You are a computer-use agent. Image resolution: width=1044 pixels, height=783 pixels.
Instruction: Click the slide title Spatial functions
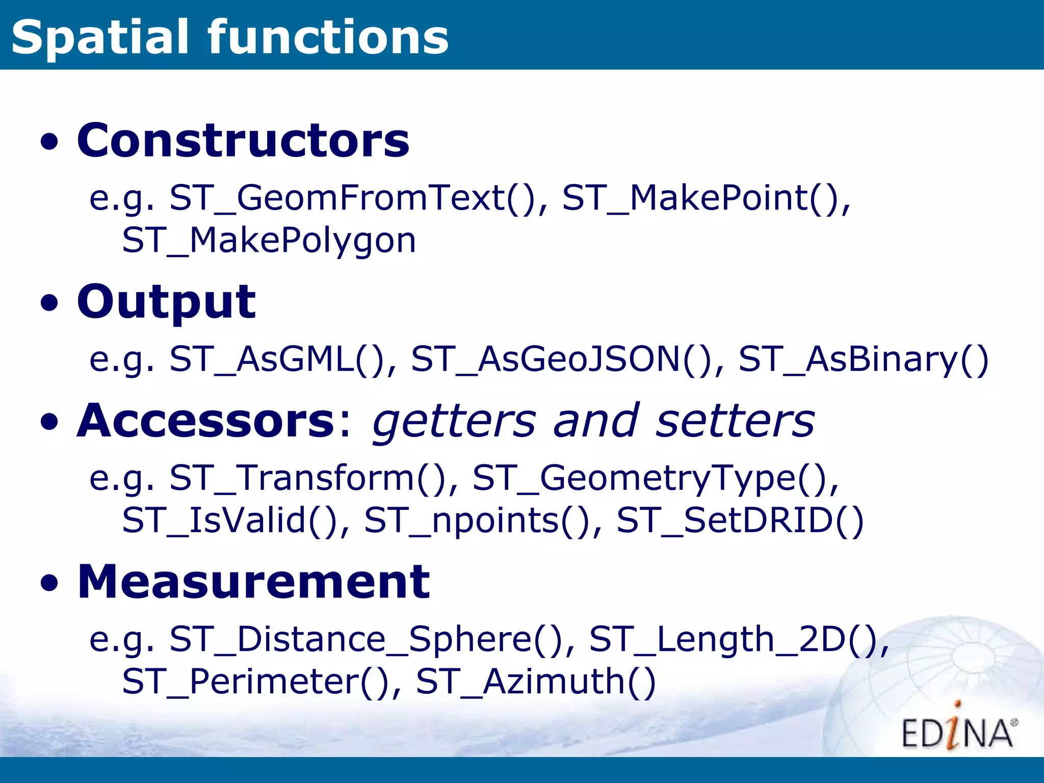tap(229, 37)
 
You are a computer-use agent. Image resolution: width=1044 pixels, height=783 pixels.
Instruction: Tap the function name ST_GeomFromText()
tap(352, 198)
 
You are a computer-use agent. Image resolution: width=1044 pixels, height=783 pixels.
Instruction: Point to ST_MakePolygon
tap(269, 241)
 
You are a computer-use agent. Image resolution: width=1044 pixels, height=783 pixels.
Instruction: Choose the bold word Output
tap(166, 302)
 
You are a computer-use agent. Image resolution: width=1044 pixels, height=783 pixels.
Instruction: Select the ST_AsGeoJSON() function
tap(561, 359)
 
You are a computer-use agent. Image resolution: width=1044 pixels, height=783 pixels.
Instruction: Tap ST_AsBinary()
tap(863, 359)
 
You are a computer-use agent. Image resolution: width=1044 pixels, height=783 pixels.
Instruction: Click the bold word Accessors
tap(205, 421)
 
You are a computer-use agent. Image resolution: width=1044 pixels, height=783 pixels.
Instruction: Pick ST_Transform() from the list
tap(308, 479)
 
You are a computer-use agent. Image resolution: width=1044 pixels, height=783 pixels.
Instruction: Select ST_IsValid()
tap(230, 520)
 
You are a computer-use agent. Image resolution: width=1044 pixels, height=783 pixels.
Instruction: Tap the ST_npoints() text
tap(477, 520)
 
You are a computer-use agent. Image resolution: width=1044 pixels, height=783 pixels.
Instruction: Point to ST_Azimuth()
tap(535, 682)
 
